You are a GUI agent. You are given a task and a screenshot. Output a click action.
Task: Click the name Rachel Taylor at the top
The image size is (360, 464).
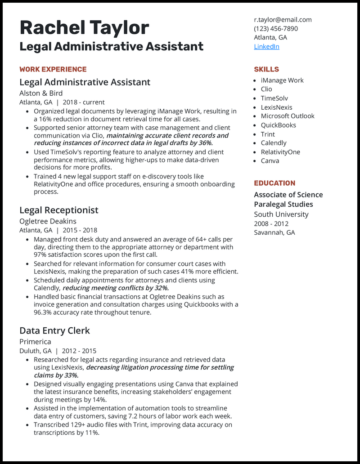pyautogui.click(x=84, y=28)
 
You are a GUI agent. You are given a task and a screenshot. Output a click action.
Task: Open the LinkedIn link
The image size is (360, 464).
pyautogui.click(x=266, y=46)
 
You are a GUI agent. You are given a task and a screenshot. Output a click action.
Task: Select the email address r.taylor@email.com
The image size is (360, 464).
pyautogui.click(x=283, y=20)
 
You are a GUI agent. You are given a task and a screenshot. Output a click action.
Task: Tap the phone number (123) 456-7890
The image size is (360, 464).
pyautogui.click(x=276, y=29)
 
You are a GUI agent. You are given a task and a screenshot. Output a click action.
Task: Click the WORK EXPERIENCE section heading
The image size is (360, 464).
pyautogui.click(x=53, y=69)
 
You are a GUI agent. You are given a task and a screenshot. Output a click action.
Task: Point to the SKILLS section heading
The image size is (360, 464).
pyautogui.click(x=266, y=69)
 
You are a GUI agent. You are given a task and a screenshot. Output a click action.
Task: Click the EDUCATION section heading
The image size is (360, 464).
pyautogui.click(x=274, y=183)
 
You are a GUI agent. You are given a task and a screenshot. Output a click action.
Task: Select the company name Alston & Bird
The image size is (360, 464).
pyautogui.click(x=41, y=94)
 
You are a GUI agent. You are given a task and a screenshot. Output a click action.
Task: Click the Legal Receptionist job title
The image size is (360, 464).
pyautogui.click(x=59, y=210)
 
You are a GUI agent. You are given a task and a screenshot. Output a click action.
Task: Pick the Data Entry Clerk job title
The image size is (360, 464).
pyautogui.click(x=55, y=330)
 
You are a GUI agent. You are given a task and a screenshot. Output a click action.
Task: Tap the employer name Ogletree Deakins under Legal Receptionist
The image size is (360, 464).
pyautogui.click(x=48, y=221)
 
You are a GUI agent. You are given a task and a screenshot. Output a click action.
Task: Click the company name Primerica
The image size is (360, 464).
pyautogui.click(x=35, y=342)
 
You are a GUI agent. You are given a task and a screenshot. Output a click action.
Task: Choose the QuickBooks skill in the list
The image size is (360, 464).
pyautogui.click(x=278, y=125)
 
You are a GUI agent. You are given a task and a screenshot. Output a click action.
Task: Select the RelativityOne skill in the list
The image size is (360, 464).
pyautogui.click(x=280, y=152)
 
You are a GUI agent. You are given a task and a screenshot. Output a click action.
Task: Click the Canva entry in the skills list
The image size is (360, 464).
pyautogui.click(x=270, y=161)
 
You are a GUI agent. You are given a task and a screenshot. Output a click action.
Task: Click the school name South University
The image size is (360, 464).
pyautogui.click(x=281, y=214)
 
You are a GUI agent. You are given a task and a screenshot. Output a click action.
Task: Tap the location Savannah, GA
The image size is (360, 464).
pyautogui.click(x=274, y=232)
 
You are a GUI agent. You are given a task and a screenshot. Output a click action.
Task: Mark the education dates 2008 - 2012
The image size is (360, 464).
pyautogui.click(x=271, y=223)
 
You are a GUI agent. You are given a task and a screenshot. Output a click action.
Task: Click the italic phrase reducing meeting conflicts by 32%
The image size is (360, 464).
pyautogui.click(x=116, y=288)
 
